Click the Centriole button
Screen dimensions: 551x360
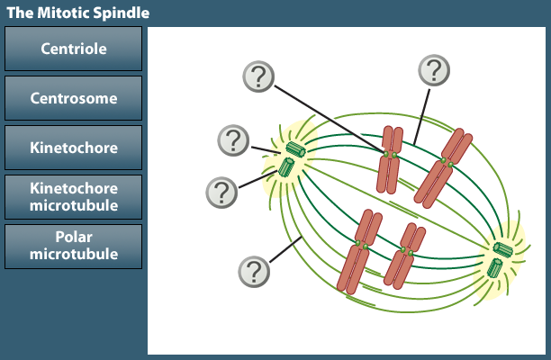[74, 49]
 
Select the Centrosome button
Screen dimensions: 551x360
[74, 98]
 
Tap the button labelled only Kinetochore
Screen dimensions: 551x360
[74, 148]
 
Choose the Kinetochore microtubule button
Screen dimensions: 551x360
[74, 197]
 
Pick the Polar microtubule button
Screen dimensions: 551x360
[74, 247]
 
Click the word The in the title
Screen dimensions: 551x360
[21, 13]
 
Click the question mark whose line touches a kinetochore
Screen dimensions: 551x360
[258, 76]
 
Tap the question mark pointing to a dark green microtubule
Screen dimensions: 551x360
[434, 70]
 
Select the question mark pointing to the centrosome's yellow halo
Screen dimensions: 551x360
[233, 140]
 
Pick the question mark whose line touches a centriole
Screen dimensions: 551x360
[221, 193]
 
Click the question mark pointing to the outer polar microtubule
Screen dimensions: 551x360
[254, 272]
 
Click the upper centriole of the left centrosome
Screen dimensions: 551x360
[295, 149]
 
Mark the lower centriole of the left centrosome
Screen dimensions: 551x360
[286, 167]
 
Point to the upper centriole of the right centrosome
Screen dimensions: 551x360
[503, 249]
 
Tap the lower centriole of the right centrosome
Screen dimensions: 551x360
[494, 267]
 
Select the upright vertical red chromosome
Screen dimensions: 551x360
[389, 160]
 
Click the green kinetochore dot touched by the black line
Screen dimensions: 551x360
[386, 155]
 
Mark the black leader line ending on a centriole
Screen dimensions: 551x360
[258, 179]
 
